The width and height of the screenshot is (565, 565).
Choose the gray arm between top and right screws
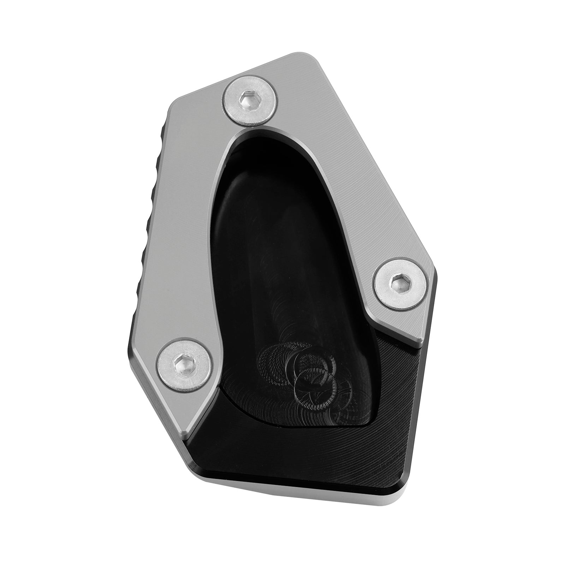click(339, 177)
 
